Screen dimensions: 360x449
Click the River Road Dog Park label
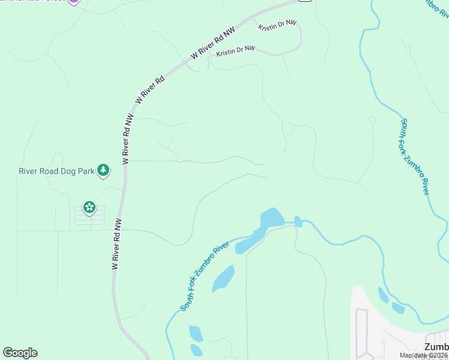pyautogui.click(x=57, y=171)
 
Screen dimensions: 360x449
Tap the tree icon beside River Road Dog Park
pyautogui.click(x=104, y=170)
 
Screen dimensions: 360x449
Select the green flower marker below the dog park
pyautogui.click(x=89, y=208)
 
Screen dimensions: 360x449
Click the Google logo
pyautogui.click(x=20, y=353)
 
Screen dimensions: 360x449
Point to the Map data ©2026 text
pyautogui.click(x=423, y=355)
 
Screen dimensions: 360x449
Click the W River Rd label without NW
pyautogui.click(x=151, y=90)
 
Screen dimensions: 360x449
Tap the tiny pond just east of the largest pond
pyautogui.click(x=298, y=221)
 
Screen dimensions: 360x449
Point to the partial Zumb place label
pyautogui.click(x=436, y=347)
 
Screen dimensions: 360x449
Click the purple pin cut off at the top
pyautogui.click(x=73, y=2)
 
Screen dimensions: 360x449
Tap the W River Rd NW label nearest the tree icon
pyautogui.click(x=126, y=139)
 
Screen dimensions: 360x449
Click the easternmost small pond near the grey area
pyautogui.click(x=398, y=308)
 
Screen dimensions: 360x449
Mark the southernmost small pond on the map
pyautogui.click(x=196, y=350)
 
